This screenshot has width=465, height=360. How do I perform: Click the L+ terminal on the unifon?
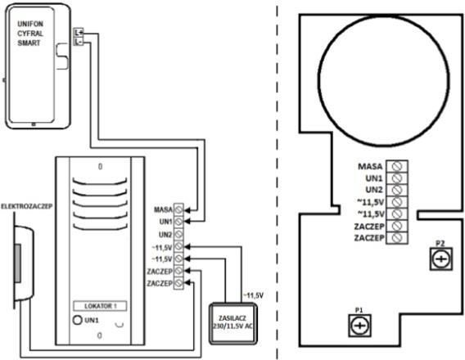click(79, 33)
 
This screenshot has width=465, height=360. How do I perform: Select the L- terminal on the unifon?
click(79, 42)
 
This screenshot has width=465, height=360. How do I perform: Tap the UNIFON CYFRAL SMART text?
click(30, 34)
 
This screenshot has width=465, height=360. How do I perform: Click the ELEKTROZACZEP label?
click(27, 206)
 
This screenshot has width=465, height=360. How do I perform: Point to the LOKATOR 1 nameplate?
click(100, 306)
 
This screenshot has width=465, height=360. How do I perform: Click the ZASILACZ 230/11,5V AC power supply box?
click(232, 323)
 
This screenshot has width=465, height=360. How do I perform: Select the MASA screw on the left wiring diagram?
click(178, 209)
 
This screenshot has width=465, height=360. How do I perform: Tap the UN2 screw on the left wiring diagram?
click(178, 234)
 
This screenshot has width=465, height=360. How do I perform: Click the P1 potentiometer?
click(359, 326)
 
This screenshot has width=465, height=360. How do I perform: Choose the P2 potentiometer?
click(441, 259)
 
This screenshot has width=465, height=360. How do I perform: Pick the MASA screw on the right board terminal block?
click(397, 166)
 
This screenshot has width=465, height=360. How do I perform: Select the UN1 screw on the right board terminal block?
click(397, 178)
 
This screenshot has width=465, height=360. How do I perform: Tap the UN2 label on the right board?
click(374, 190)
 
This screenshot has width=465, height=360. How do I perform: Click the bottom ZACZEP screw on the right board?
click(397, 237)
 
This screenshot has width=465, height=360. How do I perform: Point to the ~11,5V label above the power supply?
click(253, 295)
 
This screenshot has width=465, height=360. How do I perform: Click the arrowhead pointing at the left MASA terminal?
click(187, 210)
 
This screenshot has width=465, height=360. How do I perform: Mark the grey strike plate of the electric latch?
click(17, 263)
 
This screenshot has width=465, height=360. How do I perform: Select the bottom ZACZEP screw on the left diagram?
click(178, 283)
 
